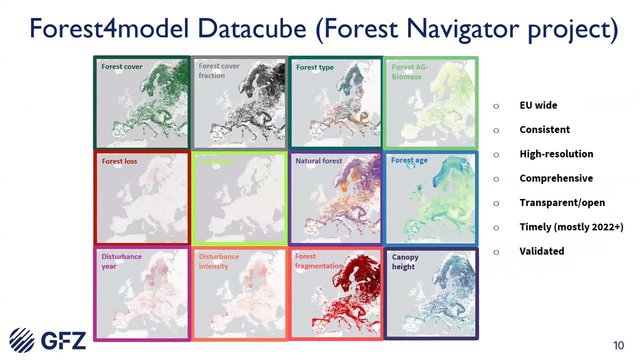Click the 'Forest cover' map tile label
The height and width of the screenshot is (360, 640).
[121, 66]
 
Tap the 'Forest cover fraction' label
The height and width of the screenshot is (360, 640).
[219, 70]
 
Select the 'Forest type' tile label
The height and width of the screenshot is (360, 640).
[314, 67]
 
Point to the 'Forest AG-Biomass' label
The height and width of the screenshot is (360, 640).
[409, 71]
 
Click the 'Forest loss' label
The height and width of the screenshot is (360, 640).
[119, 161]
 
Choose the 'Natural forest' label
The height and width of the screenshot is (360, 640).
[318, 161]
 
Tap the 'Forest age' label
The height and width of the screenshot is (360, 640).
[409, 160]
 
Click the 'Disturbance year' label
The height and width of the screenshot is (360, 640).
[121, 261]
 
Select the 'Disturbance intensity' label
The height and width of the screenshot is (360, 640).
[219, 261]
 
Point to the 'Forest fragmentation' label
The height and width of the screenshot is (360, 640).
[318, 261]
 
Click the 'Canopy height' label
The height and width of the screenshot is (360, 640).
[405, 261]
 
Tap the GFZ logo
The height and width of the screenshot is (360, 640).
[47, 340]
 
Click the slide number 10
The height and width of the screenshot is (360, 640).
[618, 345]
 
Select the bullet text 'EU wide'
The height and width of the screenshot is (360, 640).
[538, 105]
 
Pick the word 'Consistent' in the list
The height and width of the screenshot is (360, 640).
[544, 129]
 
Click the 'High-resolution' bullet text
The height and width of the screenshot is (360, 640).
[556, 154]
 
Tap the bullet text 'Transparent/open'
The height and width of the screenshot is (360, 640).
[562, 202]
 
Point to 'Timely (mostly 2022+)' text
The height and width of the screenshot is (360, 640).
[571, 227]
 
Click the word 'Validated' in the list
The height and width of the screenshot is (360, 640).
[541, 251]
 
